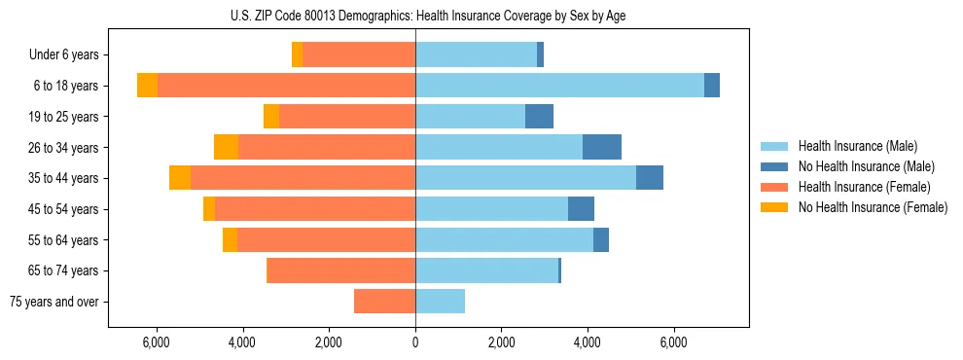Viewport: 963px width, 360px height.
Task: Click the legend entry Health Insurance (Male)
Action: pos(856,146)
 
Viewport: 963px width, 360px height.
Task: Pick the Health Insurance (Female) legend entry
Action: pos(864,187)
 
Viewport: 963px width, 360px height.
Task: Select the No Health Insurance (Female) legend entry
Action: pos(873,207)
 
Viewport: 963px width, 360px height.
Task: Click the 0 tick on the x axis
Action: pos(415,342)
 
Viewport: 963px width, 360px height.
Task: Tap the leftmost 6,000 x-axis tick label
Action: pos(157,342)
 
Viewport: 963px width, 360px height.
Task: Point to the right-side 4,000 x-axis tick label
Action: pos(588,342)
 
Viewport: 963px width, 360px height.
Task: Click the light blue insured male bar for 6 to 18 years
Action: pos(559,86)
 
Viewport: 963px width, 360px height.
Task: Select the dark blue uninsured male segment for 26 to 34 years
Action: pos(602,147)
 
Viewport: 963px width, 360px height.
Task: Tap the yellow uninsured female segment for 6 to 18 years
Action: pos(147,86)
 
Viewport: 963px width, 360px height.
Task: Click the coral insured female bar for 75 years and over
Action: pos(384,302)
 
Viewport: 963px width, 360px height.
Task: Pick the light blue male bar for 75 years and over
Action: pos(440,302)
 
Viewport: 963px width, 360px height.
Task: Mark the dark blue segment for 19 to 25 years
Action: pos(539,117)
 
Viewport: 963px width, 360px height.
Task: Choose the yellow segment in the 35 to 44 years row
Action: pos(180,178)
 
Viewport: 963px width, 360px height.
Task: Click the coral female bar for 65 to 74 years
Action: pos(340,270)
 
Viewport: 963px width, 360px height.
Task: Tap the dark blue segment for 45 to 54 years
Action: pos(581,209)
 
